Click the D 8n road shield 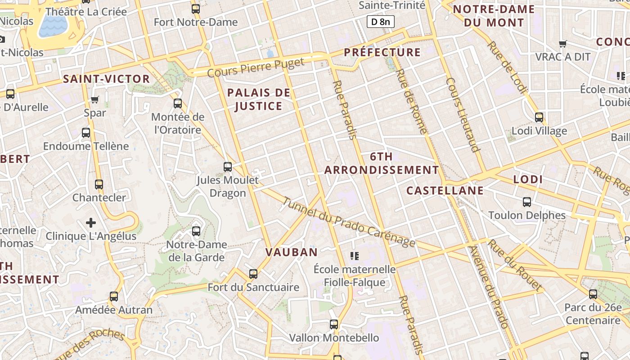(x=381, y=21)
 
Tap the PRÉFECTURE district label (x=382, y=52)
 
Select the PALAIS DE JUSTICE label (x=258, y=99)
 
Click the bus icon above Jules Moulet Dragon (x=228, y=167)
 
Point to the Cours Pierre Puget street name (x=256, y=68)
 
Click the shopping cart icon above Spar (x=95, y=99)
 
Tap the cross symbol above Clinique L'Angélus (x=91, y=223)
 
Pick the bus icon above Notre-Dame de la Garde (x=196, y=231)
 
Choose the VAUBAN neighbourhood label (x=292, y=252)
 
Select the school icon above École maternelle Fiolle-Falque (x=355, y=256)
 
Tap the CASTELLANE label (x=445, y=190)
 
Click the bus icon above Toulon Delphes (x=527, y=202)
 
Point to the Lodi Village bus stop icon (x=539, y=118)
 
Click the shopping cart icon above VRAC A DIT (x=562, y=44)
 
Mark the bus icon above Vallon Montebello (x=334, y=324)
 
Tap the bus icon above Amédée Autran (x=114, y=297)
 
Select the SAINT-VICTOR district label (x=106, y=79)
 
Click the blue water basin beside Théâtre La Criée (x=53, y=26)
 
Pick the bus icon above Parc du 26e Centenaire (x=593, y=294)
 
